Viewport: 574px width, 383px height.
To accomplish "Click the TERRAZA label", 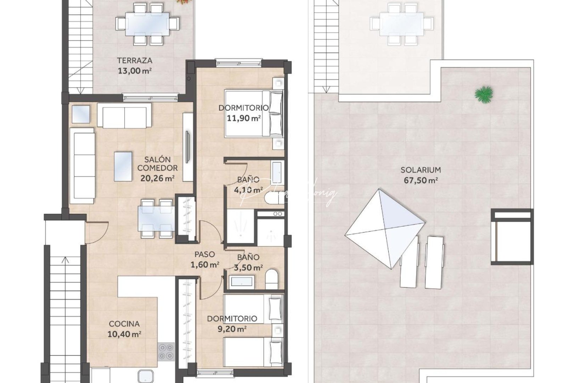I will [x=135, y=60].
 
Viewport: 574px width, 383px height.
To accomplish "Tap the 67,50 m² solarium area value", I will [x=421, y=180].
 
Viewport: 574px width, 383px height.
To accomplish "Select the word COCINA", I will [x=124, y=323].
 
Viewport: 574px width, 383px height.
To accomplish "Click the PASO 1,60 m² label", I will [x=204, y=259].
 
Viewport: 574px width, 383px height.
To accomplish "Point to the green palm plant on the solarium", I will [x=484, y=94].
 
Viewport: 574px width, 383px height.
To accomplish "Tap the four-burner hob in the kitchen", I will [x=166, y=351].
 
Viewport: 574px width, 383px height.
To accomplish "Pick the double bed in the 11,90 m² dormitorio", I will [x=254, y=113].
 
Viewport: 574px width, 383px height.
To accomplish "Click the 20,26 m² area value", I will [x=157, y=178].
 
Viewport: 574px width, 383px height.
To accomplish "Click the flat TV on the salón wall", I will [x=188, y=147].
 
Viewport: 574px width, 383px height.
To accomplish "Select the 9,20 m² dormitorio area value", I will [x=232, y=329].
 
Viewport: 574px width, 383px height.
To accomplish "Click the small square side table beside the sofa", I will [x=81, y=114].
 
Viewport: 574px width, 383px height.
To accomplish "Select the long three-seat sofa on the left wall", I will [x=82, y=166].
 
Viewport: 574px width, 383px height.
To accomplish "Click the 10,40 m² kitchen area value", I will [x=125, y=334].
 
